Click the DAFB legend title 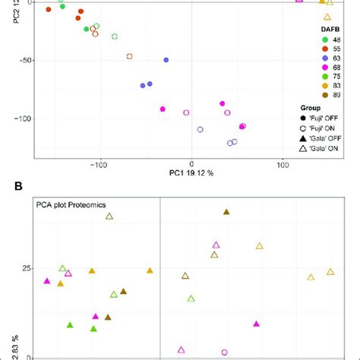coord(330,27)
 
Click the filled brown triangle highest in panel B coord(226,212)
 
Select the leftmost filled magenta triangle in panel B coord(47,281)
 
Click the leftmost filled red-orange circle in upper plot coord(49,10)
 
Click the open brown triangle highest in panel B coord(109,216)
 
